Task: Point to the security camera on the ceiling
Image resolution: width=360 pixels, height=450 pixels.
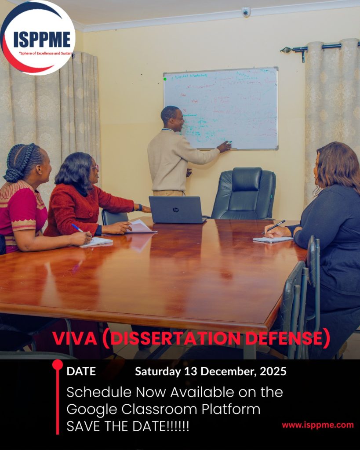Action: pos(246,12)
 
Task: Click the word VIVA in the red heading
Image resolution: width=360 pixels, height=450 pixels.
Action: pos(73,338)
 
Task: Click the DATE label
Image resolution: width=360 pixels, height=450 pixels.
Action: pos(81,371)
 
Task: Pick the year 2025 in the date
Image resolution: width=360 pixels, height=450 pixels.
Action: pos(273,371)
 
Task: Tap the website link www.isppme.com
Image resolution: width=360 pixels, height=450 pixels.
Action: pos(317,425)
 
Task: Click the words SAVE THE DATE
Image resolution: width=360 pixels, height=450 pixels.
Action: pos(116,427)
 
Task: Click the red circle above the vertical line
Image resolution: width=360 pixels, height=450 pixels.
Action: pos(58,364)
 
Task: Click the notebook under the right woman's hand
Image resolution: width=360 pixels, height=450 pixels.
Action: pos(273,240)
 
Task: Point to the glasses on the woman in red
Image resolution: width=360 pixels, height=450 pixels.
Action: pos(95,168)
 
